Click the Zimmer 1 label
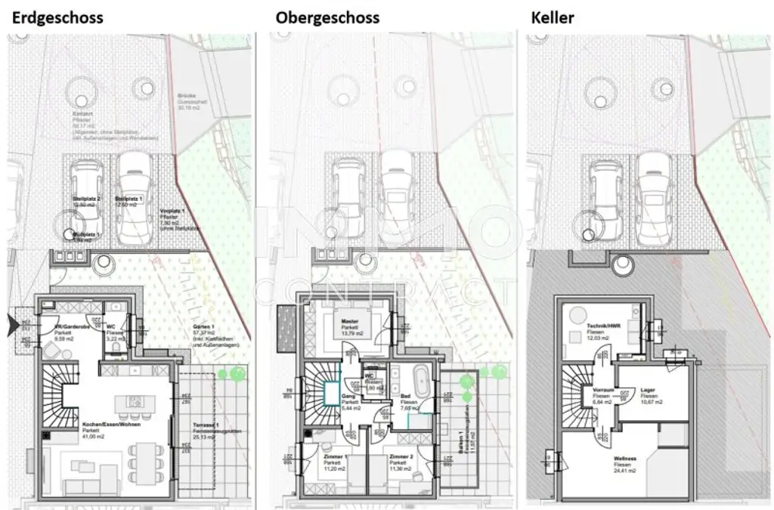(333, 457)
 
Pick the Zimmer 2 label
(401, 457)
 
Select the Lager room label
(648, 391)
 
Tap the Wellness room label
(624, 459)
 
